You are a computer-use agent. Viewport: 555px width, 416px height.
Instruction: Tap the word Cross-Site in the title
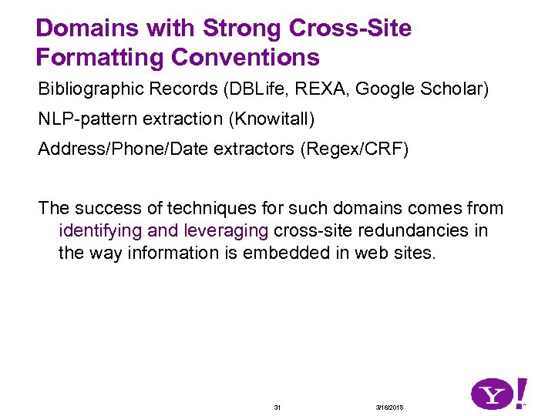click(351, 29)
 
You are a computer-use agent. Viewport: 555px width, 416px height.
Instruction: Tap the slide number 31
click(277, 407)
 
